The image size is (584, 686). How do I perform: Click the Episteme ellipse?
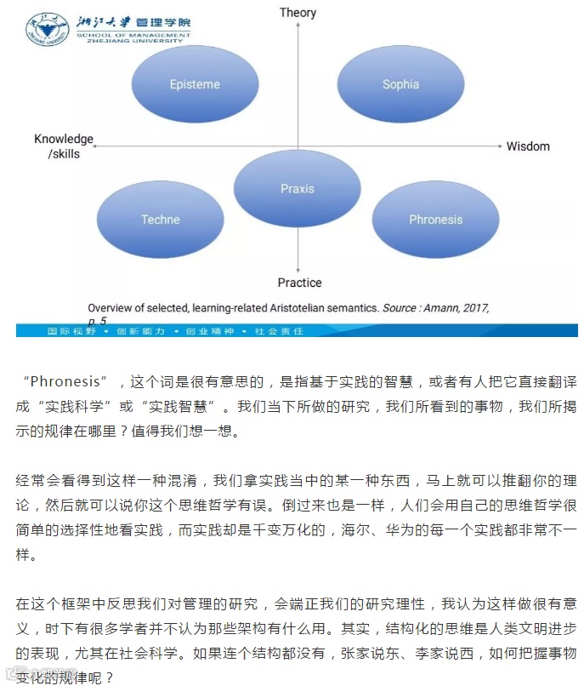(194, 84)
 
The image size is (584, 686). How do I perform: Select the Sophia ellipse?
(400, 84)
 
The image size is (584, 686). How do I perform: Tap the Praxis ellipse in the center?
(298, 188)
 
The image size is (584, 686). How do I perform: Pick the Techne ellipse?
(161, 220)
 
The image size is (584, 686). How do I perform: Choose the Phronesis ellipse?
(435, 220)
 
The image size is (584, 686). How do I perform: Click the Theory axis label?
(298, 12)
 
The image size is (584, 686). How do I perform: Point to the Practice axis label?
(299, 282)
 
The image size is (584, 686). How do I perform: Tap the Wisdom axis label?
(528, 146)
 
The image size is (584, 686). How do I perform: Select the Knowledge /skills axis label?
(64, 146)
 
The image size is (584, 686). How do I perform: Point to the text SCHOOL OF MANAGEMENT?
(128, 34)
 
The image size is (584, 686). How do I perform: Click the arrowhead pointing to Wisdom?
(501, 146)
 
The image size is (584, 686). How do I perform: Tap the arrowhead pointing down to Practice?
(298, 268)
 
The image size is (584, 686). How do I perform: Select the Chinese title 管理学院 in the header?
(162, 21)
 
